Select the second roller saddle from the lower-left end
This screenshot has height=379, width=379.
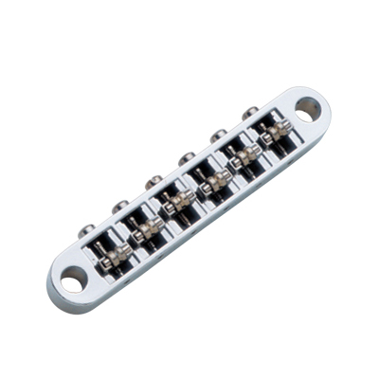(149, 226)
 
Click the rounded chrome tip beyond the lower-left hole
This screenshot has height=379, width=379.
(54, 289)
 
